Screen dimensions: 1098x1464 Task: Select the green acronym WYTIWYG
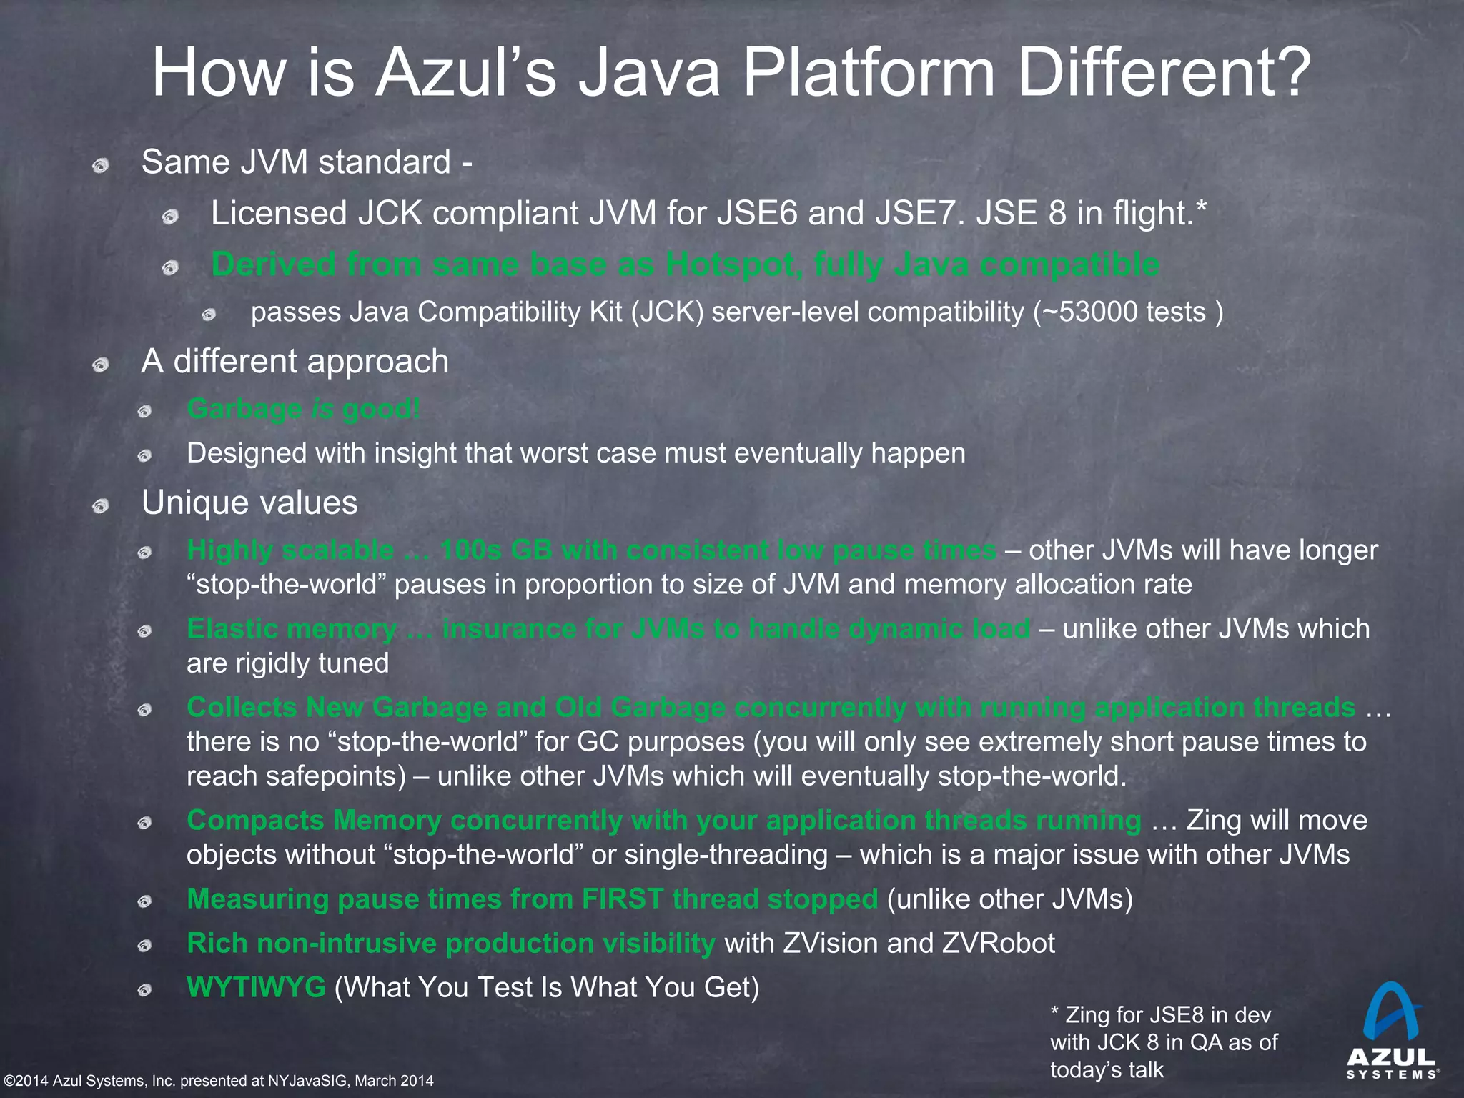point(256,987)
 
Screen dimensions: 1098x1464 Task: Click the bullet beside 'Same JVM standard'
point(101,166)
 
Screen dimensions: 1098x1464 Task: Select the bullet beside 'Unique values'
point(101,507)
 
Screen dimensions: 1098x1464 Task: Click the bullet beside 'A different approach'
point(101,365)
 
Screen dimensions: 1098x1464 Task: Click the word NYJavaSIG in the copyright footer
point(308,1081)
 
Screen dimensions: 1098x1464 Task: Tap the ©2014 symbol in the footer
point(26,1081)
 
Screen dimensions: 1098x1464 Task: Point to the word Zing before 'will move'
point(1218,821)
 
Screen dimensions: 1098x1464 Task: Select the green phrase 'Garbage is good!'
point(303,409)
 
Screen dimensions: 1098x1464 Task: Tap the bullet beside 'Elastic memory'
point(145,631)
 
